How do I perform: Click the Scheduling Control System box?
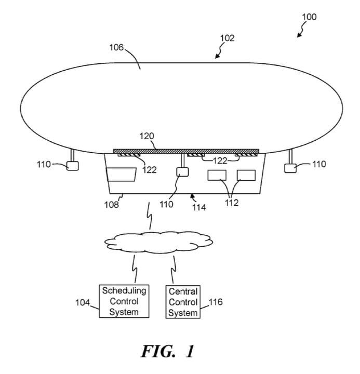point(124,301)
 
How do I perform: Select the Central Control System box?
point(183,302)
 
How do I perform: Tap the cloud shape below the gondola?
point(158,241)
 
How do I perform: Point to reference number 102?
point(227,38)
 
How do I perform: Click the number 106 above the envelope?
point(116,47)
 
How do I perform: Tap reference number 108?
point(112,204)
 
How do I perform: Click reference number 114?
point(198,207)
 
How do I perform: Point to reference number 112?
point(231,203)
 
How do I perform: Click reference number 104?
point(83,302)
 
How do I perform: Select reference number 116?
point(215,302)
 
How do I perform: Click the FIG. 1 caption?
point(167,351)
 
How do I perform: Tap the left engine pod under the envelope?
point(72,166)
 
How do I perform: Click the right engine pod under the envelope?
point(290,167)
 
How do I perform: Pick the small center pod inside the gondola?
point(182,172)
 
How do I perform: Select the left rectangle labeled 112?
point(217,176)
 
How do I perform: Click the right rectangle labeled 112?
point(246,176)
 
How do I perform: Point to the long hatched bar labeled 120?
point(182,151)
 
